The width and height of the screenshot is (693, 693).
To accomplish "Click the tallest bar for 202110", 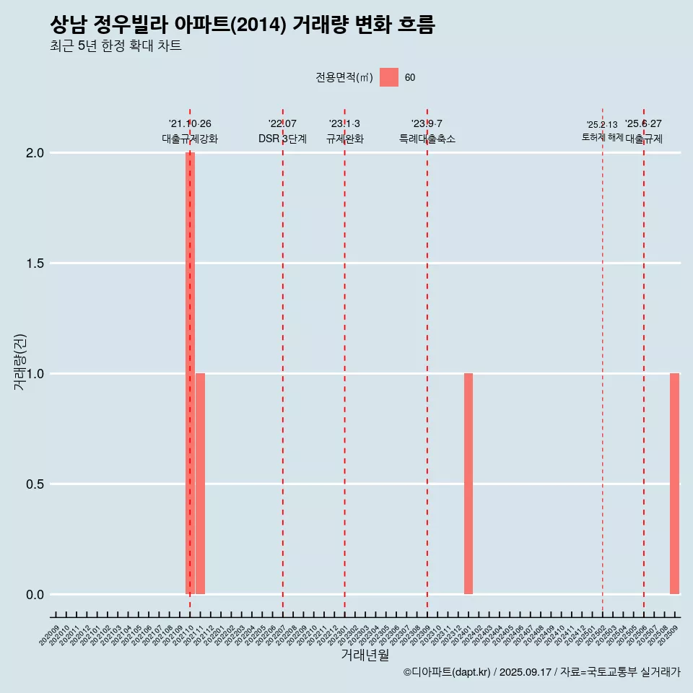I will point(190,373).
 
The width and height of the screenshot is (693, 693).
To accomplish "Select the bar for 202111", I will point(200,484).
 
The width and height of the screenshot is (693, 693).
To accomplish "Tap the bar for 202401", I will point(468,484).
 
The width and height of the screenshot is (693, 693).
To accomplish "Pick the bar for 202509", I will point(674,484).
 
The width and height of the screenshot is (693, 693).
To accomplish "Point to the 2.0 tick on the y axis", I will point(35,153).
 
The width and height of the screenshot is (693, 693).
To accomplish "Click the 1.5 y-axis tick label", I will point(35,263).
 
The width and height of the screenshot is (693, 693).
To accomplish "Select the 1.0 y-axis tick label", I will point(35,374).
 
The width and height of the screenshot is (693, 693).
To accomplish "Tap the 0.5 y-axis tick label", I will point(35,484).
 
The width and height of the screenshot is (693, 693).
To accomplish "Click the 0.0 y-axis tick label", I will point(35,595).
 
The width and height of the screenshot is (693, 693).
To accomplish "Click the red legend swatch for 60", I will point(389,77).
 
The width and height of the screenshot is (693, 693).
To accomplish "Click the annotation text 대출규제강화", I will point(190,139).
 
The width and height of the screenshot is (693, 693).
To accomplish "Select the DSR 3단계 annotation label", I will point(283,139).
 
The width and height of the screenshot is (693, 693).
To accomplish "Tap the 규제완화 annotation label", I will point(344,139).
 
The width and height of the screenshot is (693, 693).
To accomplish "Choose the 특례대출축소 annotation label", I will point(427,139).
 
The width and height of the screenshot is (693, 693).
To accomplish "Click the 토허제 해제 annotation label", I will point(602,137).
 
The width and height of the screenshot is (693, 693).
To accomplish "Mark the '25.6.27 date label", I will point(643,124).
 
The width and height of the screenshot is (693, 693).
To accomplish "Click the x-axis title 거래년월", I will point(365,655).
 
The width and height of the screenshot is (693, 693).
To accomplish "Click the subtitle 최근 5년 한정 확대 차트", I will point(115,46).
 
